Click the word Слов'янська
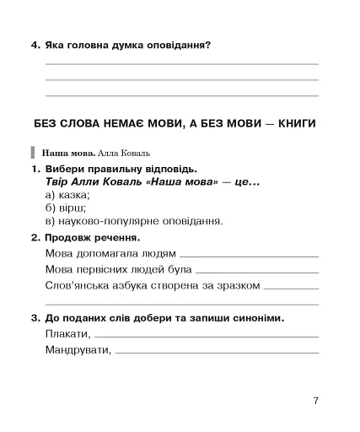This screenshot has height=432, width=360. point(76,285)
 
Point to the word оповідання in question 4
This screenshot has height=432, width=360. point(174,45)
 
